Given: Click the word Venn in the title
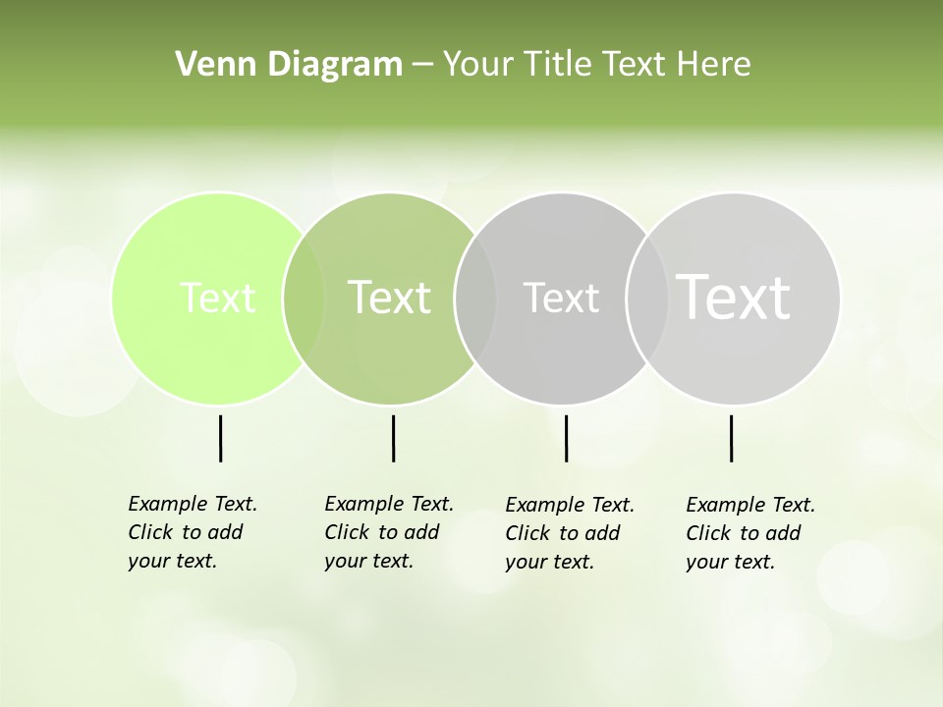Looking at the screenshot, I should pyautogui.click(x=206, y=65).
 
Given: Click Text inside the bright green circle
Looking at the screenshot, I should pyautogui.click(x=217, y=298).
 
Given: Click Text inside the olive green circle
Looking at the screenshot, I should pyautogui.click(x=389, y=298).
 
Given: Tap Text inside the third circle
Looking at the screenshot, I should pyautogui.click(x=561, y=298).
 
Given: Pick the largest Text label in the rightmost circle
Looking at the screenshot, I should pyautogui.click(x=734, y=297).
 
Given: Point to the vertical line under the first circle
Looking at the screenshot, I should pyautogui.click(x=220, y=438).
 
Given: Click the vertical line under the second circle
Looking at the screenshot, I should pyautogui.click(x=393, y=438).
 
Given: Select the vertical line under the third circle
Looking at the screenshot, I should pyautogui.click(x=566, y=438).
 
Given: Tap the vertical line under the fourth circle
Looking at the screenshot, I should pyautogui.click(x=731, y=438).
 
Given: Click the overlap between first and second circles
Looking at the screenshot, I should pyautogui.click(x=304, y=298).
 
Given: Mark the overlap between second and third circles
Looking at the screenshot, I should pyautogui.click(x=475, y=298).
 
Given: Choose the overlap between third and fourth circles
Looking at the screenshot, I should pyautogui.click(x=647, y=298).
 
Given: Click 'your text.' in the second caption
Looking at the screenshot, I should pyautogui.click(x=368, y=561).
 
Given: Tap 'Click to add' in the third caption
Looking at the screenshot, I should pyautogui.click(x=563, y=533).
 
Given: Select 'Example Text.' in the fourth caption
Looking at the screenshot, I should pyautogui.click(x=750, y=505).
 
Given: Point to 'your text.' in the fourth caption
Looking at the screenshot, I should pyautogui.click(x=730, y=562).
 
